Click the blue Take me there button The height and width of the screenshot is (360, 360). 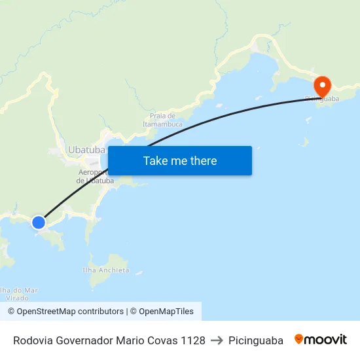pyautogui.click(x=180, y=160)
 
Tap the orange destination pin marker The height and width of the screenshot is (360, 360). pyautogui.click(x=322, y=86)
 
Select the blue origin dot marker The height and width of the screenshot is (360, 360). pyautogui.click(x=39, y=222)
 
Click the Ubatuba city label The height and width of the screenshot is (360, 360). pyautogui.click(x=86, y=150)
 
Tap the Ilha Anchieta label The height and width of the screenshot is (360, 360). pyautogui.click(x=106, y=270)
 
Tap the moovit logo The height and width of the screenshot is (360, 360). pyautogui.click(x=321, y=340)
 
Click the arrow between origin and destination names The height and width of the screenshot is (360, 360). pyautogui.click(x=217, y=340)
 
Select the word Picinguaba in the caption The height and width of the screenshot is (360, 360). pyautogui.click(x=256, y=340)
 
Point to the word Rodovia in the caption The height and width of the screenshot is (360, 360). pyautogui.click(x=33, y=340)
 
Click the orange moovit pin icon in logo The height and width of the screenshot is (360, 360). pyautogui.click(x=299, y=340)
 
